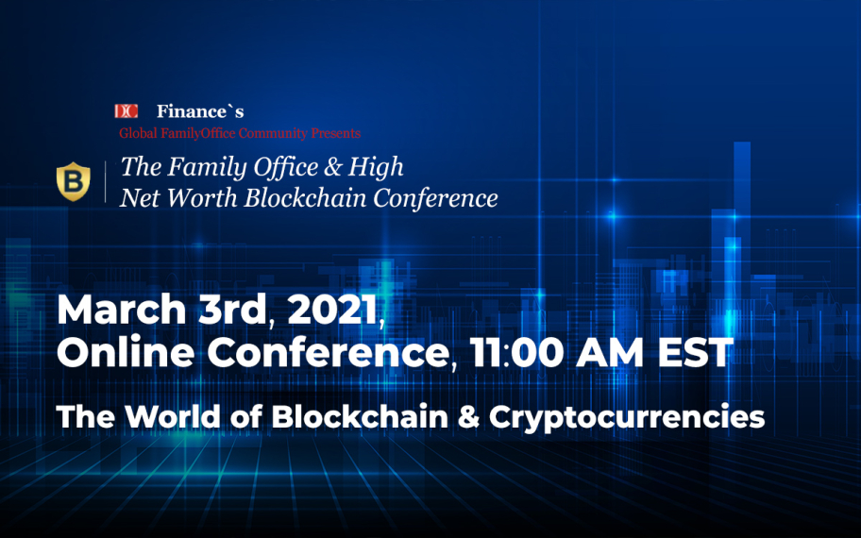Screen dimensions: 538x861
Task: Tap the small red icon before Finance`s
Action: click(x=126, y=111)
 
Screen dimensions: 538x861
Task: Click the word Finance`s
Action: click(x=200, y=111)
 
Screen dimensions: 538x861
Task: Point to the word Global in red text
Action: click(x=137, y=133)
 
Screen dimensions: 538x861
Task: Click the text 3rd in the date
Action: click(x=231, y=311)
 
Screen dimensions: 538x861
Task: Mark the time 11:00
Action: click(x=513, y=353)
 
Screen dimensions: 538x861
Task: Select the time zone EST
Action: click(x=697, y=353)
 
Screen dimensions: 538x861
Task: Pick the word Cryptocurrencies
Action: click(x=626, y=416)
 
